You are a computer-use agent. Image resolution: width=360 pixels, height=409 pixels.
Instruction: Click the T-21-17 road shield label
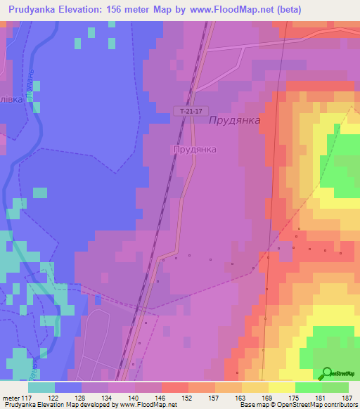click(190, 111)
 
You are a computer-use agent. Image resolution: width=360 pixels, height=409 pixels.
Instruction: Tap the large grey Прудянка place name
click(235, 120)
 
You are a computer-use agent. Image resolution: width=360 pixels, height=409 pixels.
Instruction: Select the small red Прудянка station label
click(195, 150)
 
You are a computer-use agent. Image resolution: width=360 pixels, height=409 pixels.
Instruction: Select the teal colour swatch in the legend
click(41, 387)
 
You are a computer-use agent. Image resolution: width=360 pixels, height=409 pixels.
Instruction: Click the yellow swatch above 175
click(281, 387)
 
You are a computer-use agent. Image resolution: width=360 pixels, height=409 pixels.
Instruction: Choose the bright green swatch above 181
click(308, 387)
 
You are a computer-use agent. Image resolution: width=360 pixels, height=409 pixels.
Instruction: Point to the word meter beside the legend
click(12, 398)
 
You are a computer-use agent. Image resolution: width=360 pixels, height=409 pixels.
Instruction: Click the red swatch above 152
click(174, 387)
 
